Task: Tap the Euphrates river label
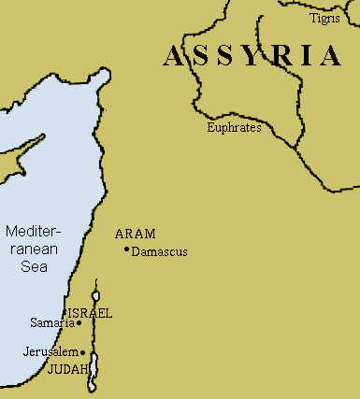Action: pos(234,128)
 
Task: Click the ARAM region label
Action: pos(135,234)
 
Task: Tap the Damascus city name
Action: pos(160,252)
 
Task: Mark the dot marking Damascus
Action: pos(125,249)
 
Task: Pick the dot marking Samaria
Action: pos(79,324)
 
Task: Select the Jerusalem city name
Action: pos(50,352)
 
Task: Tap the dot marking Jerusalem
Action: pos(83,352)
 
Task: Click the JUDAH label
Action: pos(66,369)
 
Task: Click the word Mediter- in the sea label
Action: pos(31,231)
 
